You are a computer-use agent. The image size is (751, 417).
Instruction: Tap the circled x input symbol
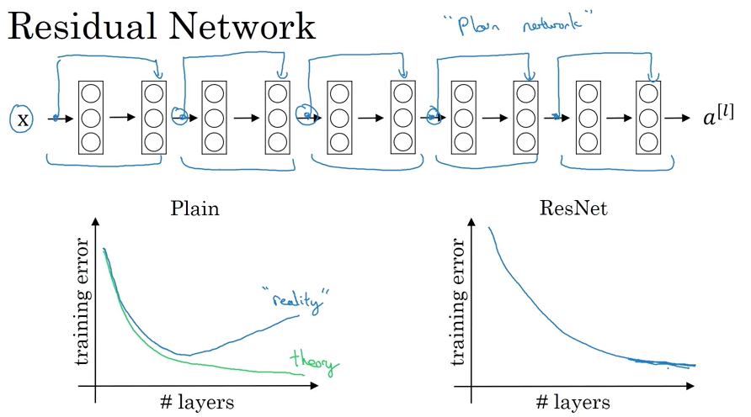click(23, 119)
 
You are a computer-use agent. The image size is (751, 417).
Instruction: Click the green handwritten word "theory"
click(312, 362)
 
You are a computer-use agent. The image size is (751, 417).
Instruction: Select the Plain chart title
click(194, 208)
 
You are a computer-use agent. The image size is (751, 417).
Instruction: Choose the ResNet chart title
click(574, 208)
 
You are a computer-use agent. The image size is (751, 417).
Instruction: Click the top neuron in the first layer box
click(91, 94)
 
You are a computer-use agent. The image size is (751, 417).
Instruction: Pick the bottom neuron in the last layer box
click(647, 140)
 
